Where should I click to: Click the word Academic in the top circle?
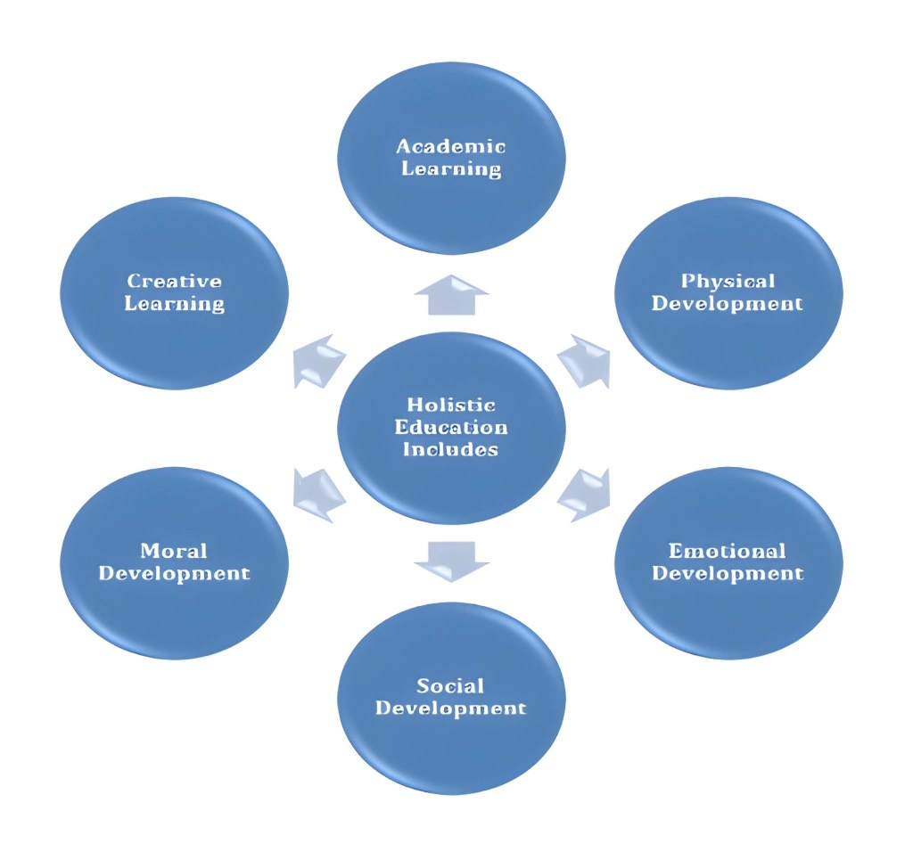point(450,146)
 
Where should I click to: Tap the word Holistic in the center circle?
point(450,405)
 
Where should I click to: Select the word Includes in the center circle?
point(450,449)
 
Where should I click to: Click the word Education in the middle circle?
point(450,427)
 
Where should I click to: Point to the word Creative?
point(174,282)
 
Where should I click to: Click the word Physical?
point(728,282)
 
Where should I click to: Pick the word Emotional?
point(728,551)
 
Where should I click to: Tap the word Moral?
point(174,551)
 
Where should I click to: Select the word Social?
point(450,685)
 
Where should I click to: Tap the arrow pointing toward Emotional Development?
point(585,495)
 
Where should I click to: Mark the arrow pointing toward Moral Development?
point(318,495)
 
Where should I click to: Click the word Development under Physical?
point(728,304)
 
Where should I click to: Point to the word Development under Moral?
point(174,573)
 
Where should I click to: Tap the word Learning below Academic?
point(450,168)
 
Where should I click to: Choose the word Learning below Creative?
point(174,304)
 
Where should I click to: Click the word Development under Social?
point(450,709)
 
